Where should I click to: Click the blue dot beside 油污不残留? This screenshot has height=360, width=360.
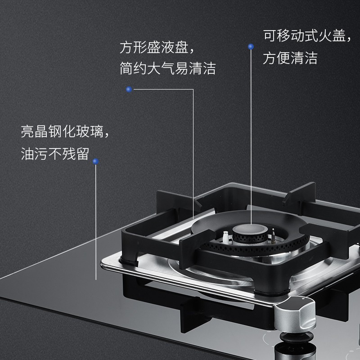[96, 162]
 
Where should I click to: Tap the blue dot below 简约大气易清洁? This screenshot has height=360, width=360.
[129, 89]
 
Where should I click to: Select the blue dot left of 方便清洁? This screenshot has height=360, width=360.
[251, 47]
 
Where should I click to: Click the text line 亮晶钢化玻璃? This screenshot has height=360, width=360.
[65, 131]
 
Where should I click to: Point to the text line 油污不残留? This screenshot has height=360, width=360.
[55, 153]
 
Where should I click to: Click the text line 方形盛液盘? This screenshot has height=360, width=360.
[157, 48]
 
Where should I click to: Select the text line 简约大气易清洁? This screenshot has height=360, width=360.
[167, 68]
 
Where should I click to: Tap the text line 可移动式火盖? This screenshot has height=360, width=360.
[307, 36]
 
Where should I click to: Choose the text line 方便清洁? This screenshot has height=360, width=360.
[290, 58]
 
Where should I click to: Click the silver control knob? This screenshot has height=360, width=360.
[296, 313]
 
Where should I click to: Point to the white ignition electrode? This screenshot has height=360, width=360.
[225, 237]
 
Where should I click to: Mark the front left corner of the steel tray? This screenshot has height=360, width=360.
[102, 265]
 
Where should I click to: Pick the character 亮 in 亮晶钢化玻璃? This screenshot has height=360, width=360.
[27, 131]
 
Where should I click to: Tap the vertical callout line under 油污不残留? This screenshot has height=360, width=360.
[96, 222]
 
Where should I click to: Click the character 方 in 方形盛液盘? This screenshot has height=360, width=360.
[126, 48]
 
